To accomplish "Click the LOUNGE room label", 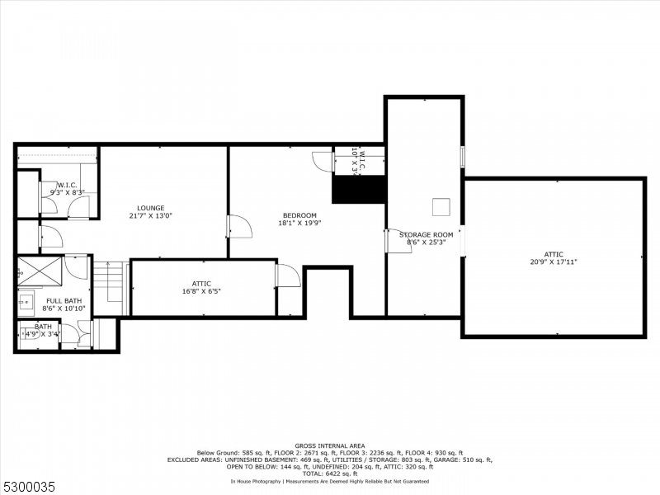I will point(151,208).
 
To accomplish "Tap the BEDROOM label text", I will point(299,215).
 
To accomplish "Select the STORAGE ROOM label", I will point(427,234).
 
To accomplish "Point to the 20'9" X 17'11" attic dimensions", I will point(554,262).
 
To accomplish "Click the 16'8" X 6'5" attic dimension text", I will point(201,290).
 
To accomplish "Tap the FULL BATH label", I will point(64,301).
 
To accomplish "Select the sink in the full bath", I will point(26,302).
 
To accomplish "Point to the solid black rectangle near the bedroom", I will point(359,189).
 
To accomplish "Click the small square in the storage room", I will point(443,205).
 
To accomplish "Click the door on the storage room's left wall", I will point(398,242).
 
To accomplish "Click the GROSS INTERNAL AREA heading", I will point(329,446).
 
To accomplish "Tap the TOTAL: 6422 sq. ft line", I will point(329,472).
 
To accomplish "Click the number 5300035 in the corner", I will point(27,488).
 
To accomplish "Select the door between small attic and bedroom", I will point(287,276).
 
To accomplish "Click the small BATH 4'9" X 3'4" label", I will point(40,330).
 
